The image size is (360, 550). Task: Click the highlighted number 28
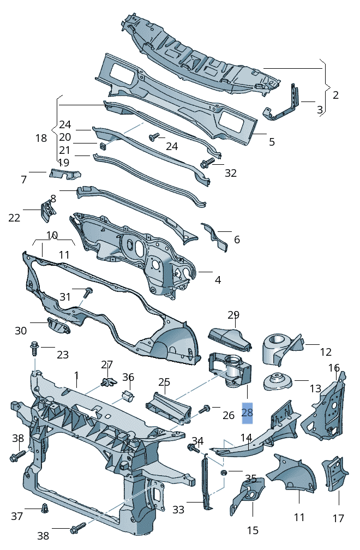click(247, 413)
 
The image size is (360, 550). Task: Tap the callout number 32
click(231, 173)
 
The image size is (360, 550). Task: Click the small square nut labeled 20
click(103, 145)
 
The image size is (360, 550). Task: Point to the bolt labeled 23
click(34, 347)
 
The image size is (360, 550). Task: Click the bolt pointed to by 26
click(205, 408)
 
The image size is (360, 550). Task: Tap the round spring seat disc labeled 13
click(279, 381)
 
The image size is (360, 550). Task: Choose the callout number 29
click(233, 315)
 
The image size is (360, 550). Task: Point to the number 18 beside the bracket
click(41, 138)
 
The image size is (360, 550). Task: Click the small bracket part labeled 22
click(46, 209)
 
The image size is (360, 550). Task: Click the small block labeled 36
click(129, 395)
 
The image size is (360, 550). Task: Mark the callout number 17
click(338, 518)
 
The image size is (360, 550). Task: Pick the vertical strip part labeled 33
click(206, 483)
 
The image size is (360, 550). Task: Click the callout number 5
click(271, 142)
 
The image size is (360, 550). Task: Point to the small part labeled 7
click(64, 174)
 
